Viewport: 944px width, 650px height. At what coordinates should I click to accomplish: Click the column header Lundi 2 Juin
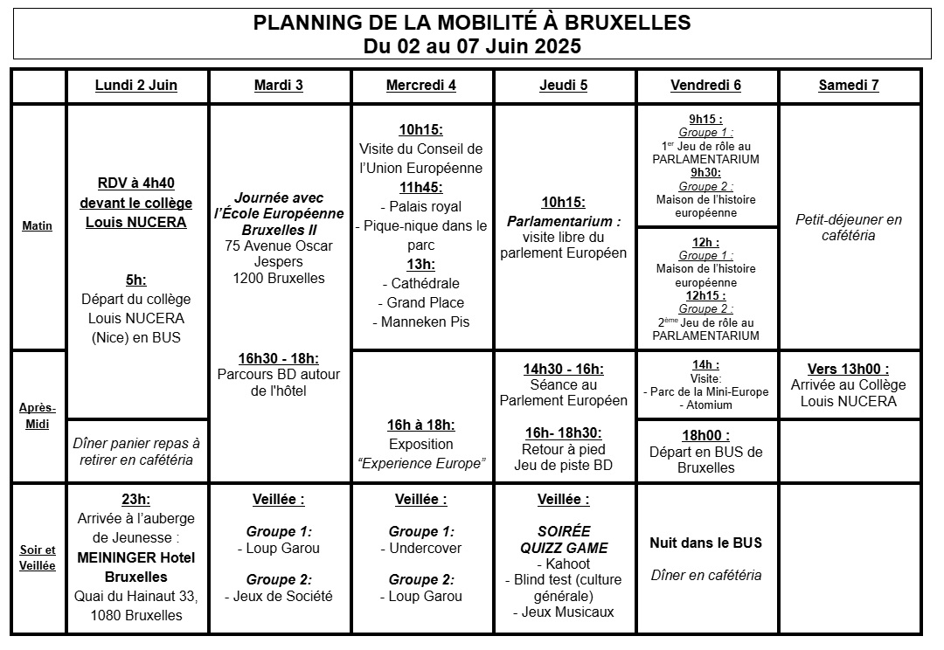click(136, 85)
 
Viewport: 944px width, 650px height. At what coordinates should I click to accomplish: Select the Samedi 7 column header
click(849, 85)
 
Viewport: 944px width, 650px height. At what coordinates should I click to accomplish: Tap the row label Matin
click(38, 226)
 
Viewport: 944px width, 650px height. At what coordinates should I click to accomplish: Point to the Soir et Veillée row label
click(38, 557)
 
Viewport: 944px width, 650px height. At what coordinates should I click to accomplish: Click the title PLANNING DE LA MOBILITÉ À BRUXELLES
click(472, 23)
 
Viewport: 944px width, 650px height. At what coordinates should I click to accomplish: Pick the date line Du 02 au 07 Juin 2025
click(472, 45)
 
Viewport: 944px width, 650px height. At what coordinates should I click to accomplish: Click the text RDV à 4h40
click(136, 183)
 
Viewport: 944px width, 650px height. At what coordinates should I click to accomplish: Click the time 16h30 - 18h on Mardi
click(279, 358)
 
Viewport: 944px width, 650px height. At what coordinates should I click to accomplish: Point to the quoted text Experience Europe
click(421, 463)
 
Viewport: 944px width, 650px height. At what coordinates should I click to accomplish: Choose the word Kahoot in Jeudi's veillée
click(564, 564)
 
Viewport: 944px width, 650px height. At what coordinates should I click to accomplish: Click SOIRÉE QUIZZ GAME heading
click(564, 539)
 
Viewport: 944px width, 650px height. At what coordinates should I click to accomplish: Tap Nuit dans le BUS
click(705, 543)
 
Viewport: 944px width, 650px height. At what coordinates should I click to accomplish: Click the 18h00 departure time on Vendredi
click(705, 435)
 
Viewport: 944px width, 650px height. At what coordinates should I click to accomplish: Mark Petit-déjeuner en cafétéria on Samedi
click(849, 227)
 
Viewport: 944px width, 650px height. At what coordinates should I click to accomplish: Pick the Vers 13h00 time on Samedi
click(849, 369)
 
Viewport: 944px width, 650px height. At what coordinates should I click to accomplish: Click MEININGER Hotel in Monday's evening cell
click(136, 557)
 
